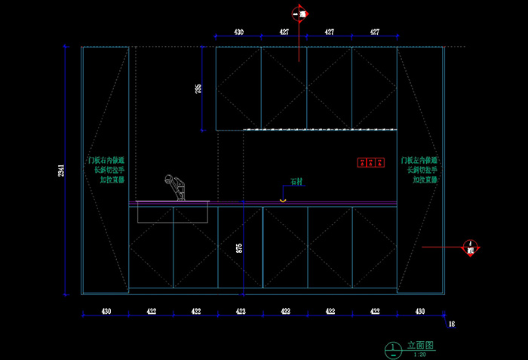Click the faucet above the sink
175,188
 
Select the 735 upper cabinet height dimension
198,88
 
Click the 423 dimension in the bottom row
285,311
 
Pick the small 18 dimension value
451,325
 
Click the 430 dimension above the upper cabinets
238,32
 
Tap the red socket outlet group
370,162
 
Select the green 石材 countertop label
296,182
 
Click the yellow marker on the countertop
283,200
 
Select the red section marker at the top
302,14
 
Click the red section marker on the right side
470,247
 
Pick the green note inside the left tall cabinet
106,171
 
